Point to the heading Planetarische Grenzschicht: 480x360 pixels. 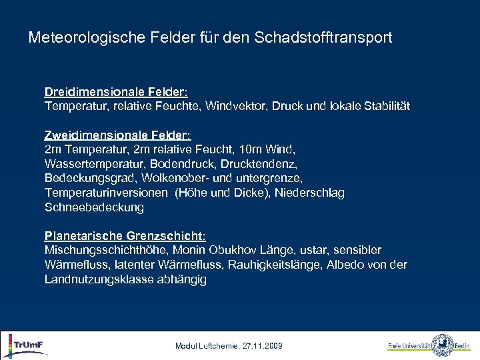tap(125, 236)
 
